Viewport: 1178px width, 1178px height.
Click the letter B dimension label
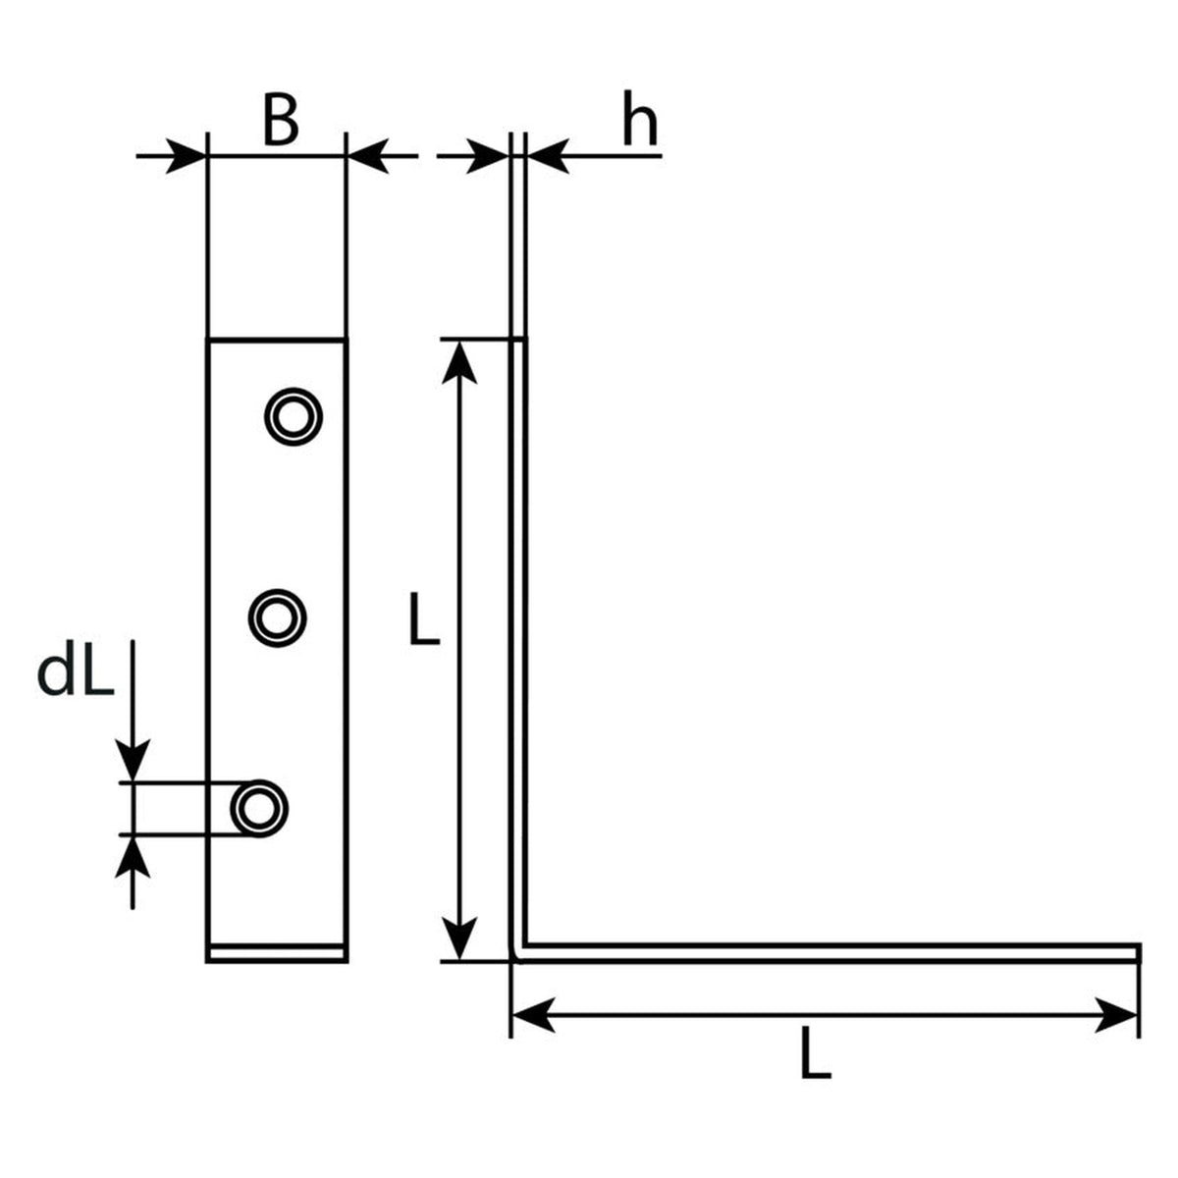tap(281, 121)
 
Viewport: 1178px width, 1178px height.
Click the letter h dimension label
tap(640, 118)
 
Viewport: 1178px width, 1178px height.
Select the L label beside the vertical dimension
tap(424, 618)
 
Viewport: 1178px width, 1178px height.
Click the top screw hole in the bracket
tap(294, 417)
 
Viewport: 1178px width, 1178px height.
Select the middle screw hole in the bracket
tap(277, 618)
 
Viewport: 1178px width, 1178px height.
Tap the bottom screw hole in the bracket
tap(259, 809)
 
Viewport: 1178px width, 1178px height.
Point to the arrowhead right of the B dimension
tap(368, 156)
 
